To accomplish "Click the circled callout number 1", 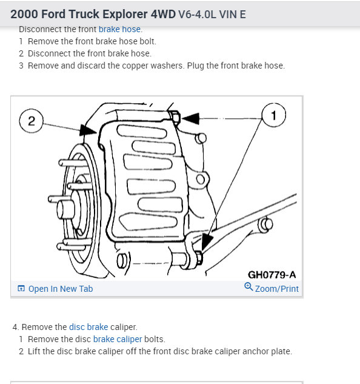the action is coord(273,115).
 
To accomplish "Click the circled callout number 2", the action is coord(32,121).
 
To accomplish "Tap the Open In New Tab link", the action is coord(61,289).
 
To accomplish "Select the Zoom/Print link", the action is coord(277,289).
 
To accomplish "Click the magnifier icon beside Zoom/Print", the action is coord(248,286).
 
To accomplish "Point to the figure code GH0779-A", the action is coord(272,275).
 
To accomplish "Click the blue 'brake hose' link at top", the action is coord(119,29).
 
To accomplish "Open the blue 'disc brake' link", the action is coord(88,327).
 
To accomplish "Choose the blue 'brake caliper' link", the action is coord(118,339).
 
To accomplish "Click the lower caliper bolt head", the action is coord(199,258).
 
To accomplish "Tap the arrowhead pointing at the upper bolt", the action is coord(191,118).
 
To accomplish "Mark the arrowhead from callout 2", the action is coord(88,130).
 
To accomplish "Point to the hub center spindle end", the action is coord(65,209).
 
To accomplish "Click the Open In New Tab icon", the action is coord(21,289).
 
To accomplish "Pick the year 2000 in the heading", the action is coord(24,14).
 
